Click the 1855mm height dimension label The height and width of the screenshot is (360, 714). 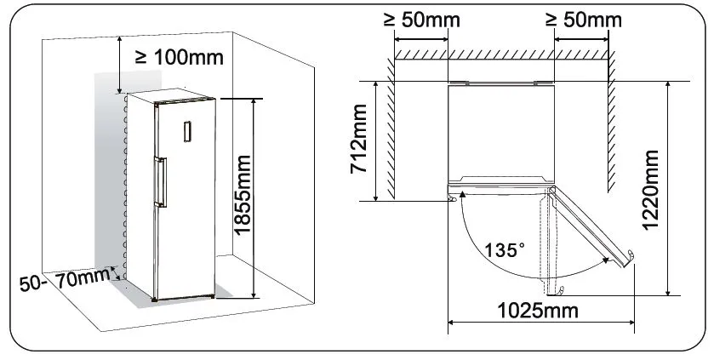pyautogui.click(x=243, y=194)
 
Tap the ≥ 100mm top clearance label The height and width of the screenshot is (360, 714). pyautogui.click(x=180, y=57)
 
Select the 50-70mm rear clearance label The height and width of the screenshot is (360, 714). pyautogui.click(x=65, y=279)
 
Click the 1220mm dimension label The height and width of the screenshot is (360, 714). pyautogui.click(x=650, y=191)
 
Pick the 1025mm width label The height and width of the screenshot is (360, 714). pyautogui.click(x=537, y=311)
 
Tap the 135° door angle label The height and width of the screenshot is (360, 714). pyautogui.click(x=504, y=250)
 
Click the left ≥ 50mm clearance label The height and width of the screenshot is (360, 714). pyautogui.click(x=421, y=20)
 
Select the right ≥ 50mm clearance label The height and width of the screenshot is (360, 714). pyautogui.click(x=584, y=20)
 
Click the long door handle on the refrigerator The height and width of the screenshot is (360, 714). pyautogui.click(x=160, y=182)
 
